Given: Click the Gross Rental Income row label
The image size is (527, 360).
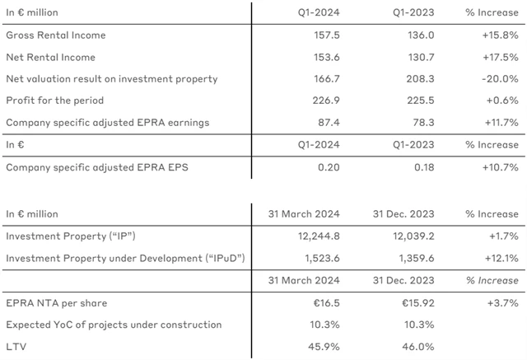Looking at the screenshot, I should click(56, 35).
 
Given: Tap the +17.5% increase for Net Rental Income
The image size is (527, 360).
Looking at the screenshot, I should click(500, 57).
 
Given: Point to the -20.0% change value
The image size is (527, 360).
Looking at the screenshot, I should click(501, 79).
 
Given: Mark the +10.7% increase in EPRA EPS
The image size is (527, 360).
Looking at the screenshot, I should click(500, 166).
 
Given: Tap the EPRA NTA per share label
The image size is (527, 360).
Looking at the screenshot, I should click(56, 303).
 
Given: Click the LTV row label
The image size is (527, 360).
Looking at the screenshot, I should click(15, 347).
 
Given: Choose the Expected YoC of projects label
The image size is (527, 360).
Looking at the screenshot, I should click(114, 325).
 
